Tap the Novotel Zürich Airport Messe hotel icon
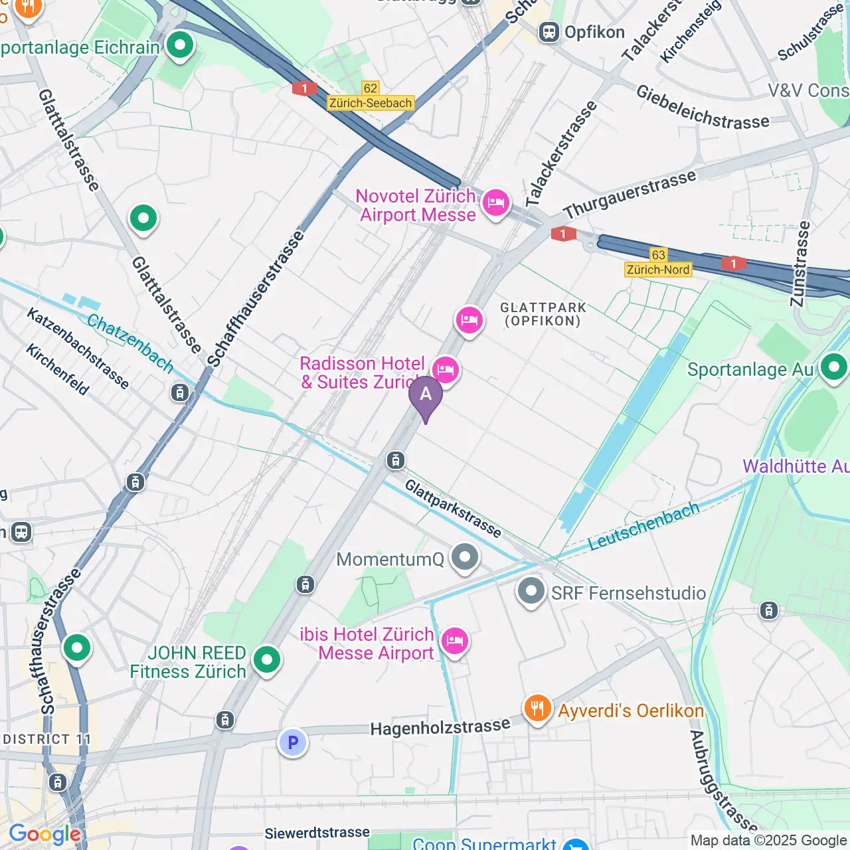(495, 202)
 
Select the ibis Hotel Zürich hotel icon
(454, 641)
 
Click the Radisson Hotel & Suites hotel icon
(445, 370)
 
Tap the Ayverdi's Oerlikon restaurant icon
(537, 709)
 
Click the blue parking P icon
(292, 742)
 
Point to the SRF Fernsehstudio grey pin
(531, 591)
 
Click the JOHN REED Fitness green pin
(267, 659)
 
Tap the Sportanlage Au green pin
(834, 367)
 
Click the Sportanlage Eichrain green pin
(180, 46)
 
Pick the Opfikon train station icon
(549, 32)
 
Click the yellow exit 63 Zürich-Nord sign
(658, 262)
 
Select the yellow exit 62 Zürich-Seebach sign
(371, 96)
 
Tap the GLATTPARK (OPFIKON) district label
(543, 314)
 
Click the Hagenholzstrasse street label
(440, 728)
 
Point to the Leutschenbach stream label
(643, 526)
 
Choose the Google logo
(44, 834)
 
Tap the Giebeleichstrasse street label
(703, 107)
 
